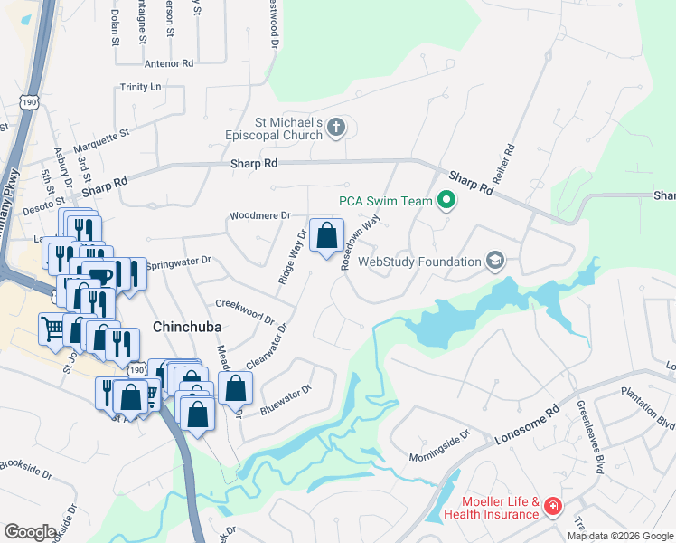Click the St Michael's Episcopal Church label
274,128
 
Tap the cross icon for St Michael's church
335,128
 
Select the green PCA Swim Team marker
446,200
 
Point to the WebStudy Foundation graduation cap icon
494,262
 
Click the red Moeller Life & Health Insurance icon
551,509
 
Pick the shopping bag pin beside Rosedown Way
327,236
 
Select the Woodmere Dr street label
259,216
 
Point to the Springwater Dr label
178,261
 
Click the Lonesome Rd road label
529,424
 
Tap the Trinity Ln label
140,87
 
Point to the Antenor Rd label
169,63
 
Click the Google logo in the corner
30,532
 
